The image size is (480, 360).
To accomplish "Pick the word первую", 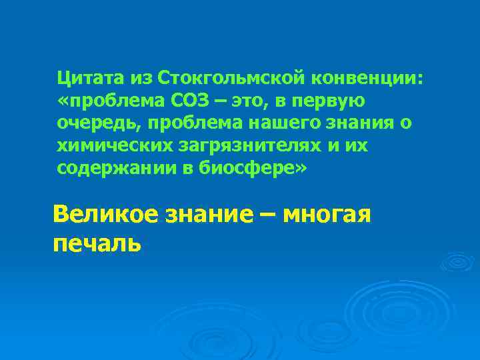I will pyautogui.click(x=335, y=101).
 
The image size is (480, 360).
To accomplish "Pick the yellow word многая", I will pyautogui.click(x=326, y=215).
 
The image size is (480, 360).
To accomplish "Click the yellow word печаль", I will pyautogui.click(x=97, y=243).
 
